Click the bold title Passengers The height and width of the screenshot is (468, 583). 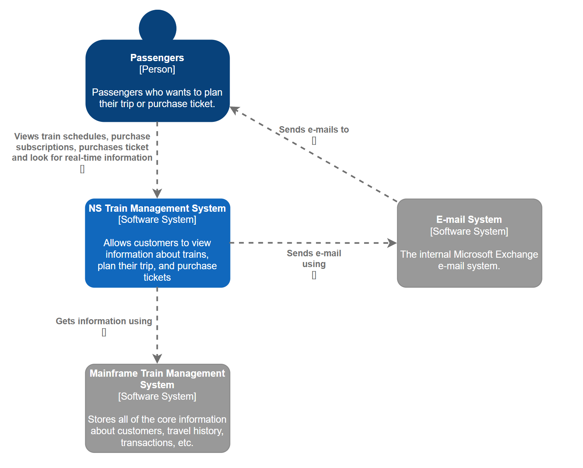click(x=157, y=58)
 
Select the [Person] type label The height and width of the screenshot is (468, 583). click(x=157, y=69)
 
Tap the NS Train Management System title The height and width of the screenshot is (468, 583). click(x=157, y=208)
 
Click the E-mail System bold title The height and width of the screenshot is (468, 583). click(x=469, y=220)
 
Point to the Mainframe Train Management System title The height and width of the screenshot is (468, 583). click(x=157, y=379)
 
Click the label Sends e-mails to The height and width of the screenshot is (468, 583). click(x=314, y=130)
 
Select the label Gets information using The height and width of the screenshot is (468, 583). click(x=104, y=321)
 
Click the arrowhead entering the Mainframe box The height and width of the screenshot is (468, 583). click(x=157, y=359)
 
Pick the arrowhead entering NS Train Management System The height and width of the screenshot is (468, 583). click(x=157, y=193)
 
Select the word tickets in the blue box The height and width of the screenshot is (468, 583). click(x=157, y=277)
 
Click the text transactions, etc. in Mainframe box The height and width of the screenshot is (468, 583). click(x=157, y=443)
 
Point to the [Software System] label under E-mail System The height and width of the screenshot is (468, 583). click(x=469, y=231)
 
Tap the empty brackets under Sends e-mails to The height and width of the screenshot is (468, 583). click(x=314, y=141)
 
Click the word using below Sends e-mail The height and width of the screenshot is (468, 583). click(x=314, y=264)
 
